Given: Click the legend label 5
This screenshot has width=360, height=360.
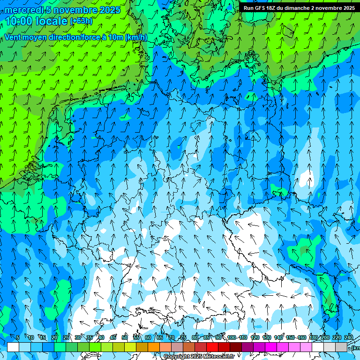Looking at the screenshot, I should (x=18, y=337).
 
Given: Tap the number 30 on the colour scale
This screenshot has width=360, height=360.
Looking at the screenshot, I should (x=77, y=337).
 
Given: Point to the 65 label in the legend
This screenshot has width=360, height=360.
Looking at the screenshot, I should (x=160, y=337).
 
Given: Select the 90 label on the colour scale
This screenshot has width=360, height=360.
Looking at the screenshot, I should (x=218, y=337).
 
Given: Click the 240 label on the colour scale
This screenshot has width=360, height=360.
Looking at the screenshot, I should (x=349, y=337).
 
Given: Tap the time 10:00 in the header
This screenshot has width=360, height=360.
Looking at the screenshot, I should (x=22, y=21).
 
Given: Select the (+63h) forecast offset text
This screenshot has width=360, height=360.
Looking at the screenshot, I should (x=81, y=21).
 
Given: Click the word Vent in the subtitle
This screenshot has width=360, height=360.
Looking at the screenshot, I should (x=14, y=37).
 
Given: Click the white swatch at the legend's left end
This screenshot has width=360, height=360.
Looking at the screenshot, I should (x=13, y=347).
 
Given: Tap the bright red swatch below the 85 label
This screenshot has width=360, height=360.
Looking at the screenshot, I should (x=212, y=347).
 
